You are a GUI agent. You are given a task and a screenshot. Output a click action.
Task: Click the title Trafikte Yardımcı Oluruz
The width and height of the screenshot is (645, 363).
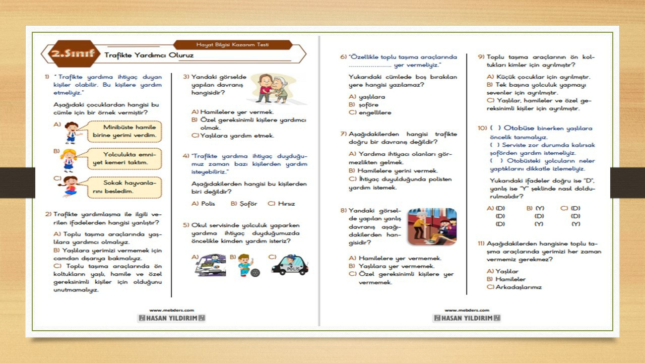pyautogui.click(x=149, y=55)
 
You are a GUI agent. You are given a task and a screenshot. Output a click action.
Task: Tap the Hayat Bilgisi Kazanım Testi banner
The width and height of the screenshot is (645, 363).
pyautogui.click(x=232, y=45)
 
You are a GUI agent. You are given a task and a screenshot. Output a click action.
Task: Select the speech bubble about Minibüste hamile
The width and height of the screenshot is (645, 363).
pyautogui.click(x=125, y=131)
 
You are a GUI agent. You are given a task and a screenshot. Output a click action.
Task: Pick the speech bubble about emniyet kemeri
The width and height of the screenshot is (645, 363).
pyautogui.click(x=125, y=158)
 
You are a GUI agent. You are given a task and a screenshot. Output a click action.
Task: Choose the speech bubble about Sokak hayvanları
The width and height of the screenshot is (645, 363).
pyautogui.click(x=125, y=187)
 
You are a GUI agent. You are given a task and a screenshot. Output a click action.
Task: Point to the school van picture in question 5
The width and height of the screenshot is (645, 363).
pyautogui.click(x=210, y=265)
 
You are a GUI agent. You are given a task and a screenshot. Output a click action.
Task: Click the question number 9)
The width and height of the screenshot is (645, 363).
pyautogui.click(x=481, y=57)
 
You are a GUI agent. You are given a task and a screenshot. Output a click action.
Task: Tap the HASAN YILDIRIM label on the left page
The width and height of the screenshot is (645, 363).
pyautogui.click(x=171, y=318)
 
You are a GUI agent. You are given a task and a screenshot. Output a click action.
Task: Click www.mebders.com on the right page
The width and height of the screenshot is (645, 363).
pyautogui.click(x=466, y=311)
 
